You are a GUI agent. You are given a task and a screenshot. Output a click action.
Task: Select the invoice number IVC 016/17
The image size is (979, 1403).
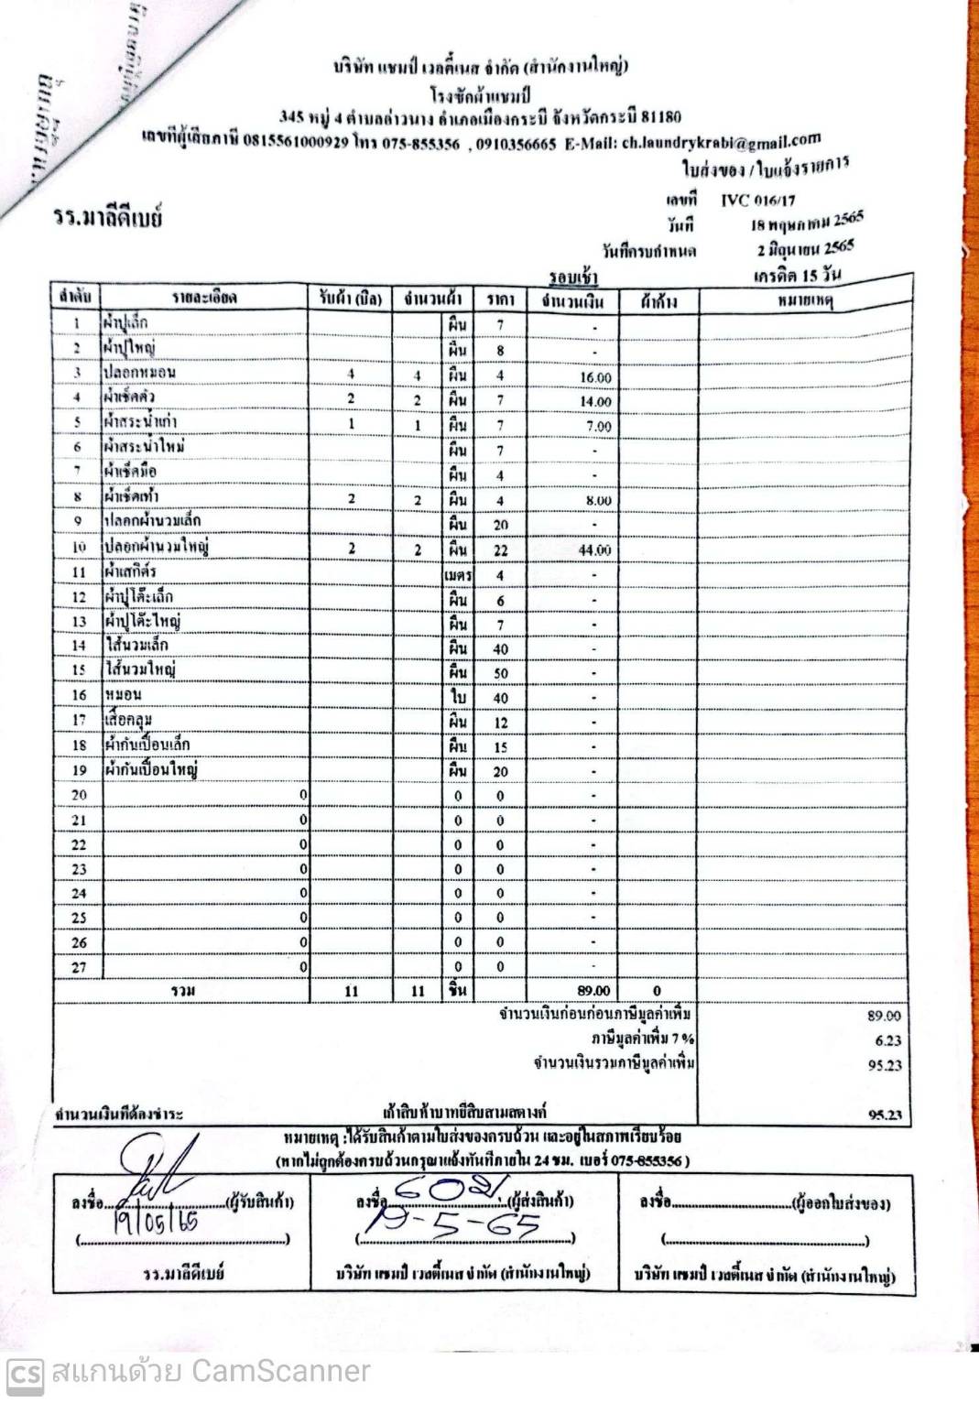click(x=757, y=200)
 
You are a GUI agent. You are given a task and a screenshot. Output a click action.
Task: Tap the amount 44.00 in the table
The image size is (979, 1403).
click(x=595, y=550)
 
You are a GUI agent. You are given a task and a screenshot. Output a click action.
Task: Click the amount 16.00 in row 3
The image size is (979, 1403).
click(x=595, y=377)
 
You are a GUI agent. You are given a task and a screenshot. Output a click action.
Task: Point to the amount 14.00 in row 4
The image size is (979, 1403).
click(x=595, y=402)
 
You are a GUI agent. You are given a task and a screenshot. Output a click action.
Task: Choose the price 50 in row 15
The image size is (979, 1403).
click(x=500, y=673)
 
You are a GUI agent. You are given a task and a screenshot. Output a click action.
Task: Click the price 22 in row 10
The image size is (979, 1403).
click(x=500, y=550)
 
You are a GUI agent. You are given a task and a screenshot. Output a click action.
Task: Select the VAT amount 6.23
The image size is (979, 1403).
click(x=887, y=1040)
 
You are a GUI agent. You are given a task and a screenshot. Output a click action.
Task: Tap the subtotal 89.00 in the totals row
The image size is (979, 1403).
click(x=593, y=991)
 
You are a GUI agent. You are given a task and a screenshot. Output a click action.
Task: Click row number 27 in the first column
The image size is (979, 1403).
click(x=79, y=967)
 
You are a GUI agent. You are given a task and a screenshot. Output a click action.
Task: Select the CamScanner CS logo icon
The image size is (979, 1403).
click(x=26, y=1372)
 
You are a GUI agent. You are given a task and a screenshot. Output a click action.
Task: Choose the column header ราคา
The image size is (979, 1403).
click(x=500, y=299)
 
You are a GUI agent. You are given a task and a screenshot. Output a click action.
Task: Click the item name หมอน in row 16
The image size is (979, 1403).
click(x=123, y=695)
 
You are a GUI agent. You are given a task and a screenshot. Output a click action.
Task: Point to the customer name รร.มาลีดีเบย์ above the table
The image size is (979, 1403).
click(x=108, y=220)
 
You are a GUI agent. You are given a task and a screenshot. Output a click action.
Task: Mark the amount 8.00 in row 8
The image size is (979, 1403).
click(x=597, y=501)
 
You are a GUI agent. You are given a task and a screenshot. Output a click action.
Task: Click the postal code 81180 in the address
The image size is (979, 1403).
click(x=661, y=117)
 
